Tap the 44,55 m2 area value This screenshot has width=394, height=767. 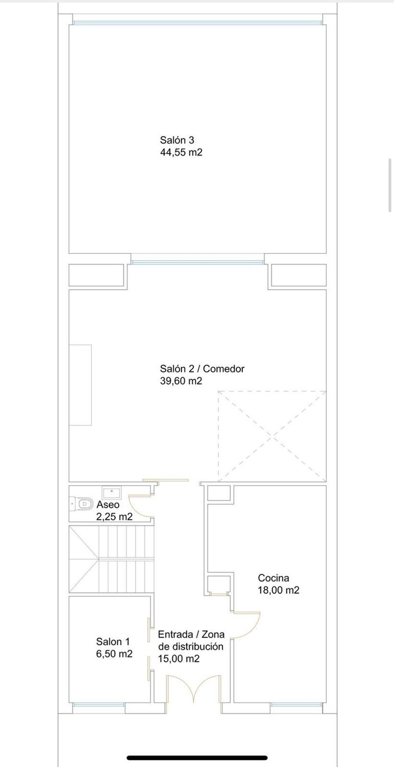[x=181, y=152]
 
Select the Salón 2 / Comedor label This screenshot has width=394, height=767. [x=202, y=369]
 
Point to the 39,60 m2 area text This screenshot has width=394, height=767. [x=181, y=381]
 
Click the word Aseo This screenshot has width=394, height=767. [x=108, y=505]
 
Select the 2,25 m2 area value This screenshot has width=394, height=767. [x=114, y=517]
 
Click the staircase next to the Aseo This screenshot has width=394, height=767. [x=111, y=559]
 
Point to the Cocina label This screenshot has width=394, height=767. [x=273, y=578]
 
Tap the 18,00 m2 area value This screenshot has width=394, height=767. [x=278, y=590]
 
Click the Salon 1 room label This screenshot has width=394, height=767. [x=113, y=642]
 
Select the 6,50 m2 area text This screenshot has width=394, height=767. [x=114, y=654]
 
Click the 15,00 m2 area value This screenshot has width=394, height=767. [x=179, y=659]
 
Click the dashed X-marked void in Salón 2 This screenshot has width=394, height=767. [x=272, y=436]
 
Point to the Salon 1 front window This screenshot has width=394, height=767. [x=99, y=704]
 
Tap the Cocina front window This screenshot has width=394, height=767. [x=296, y=704]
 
